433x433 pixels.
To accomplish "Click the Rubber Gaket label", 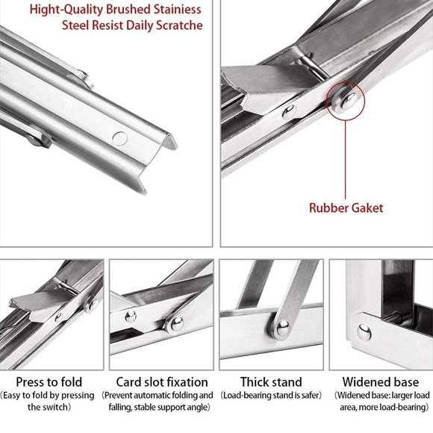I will pyautogui.click(x=346, y=208).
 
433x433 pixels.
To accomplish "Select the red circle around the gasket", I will pyautogui.click(x=345, y=102).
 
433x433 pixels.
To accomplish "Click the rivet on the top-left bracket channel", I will pyautogui.click(x=119, y=137).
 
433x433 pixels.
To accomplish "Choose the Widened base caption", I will pyautogui.click(x=380, y=381).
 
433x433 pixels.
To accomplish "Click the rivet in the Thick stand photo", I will pyautogui.click(x=282, y=327).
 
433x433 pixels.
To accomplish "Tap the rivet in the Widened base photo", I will pyautogui.click(x=364, y=331).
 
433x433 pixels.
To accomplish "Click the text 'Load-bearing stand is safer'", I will pyautogui.click(x=271, y=395).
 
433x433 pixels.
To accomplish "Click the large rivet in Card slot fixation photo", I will pyautogui.click(x=176, y=323).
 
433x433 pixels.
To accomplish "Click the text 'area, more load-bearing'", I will pyautogui.click(x=380, y=408).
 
